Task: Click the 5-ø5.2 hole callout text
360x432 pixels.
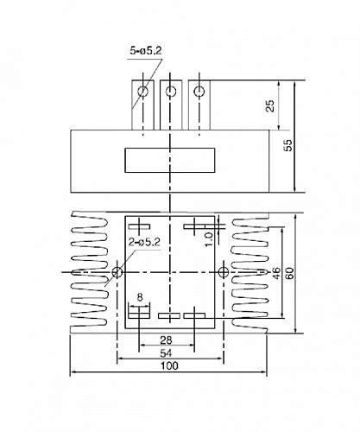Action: [146, 51]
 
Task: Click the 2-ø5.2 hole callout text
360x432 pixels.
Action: [144, 242]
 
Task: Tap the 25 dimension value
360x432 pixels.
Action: [270, 105]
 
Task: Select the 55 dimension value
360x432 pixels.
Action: [287, 145]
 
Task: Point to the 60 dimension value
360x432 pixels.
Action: [290, 273]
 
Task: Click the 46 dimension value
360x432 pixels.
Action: [275, 273]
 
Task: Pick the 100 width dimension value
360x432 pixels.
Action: [169, 365]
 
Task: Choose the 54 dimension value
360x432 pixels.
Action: [166, 353]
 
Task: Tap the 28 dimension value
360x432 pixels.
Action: [166, 340]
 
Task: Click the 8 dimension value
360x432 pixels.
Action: [140, 297]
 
